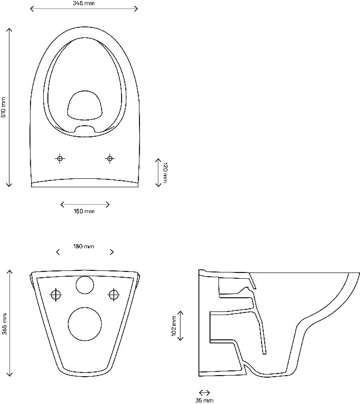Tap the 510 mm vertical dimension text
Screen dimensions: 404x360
[x=4, y=107]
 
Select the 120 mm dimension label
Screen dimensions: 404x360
[x=165, y=173]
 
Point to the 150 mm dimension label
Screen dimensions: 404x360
[x=84, y=211]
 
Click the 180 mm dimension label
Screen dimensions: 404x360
[x=83, y=246]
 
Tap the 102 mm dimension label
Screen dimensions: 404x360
[x=174, y=326]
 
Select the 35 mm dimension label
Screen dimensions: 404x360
[x=205, y=400]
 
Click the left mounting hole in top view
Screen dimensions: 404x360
[x=60, y=158]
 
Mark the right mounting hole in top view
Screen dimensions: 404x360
[x=109, y=158]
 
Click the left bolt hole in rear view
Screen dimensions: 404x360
[x=55, y=295]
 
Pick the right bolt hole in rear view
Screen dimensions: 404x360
[x=113, y=295]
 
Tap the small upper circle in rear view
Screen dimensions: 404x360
[x=84, y=285]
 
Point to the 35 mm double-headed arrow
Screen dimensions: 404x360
[x=204, y=392]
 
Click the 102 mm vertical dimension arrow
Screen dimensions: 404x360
[x=181, y=326]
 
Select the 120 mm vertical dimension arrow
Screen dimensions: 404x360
[x=158, y=171]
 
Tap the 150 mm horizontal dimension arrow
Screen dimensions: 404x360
[x=85, y=204]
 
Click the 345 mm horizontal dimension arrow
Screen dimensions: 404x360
[x=84, y=9]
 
